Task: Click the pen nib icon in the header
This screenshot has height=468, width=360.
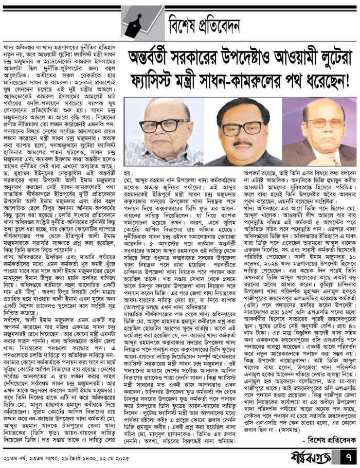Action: (x=143, y=20)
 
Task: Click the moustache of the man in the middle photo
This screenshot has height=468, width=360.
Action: (x=238, y=140)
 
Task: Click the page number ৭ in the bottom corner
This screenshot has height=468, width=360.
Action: (x=348, y=456)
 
